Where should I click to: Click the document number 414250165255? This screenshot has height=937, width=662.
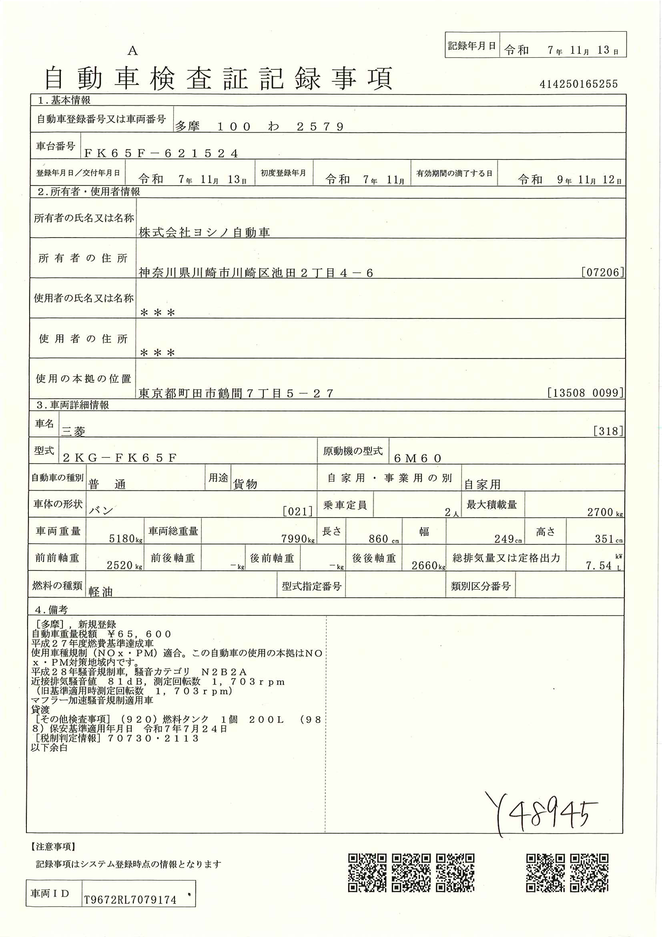[x=578, y=84]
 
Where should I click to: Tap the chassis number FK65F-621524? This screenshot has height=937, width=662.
[x=160, y=153]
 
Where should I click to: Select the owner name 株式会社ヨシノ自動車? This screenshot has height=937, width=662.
[x=204, y=232]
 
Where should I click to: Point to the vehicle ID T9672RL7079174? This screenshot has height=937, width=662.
[x=130, y=900]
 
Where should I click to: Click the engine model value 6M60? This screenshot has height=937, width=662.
[x=417, y=458]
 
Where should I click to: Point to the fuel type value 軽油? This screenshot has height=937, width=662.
[x=100, y=592]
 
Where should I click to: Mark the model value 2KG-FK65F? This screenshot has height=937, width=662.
[x=119, y=458]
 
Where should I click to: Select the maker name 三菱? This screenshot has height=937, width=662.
[x=73, y=431]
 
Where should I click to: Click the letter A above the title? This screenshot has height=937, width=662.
[x=132, y=51]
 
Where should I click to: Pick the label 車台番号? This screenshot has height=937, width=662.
[x=56, y=146]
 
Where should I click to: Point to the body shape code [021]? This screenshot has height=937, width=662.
[x=297, y=511]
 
